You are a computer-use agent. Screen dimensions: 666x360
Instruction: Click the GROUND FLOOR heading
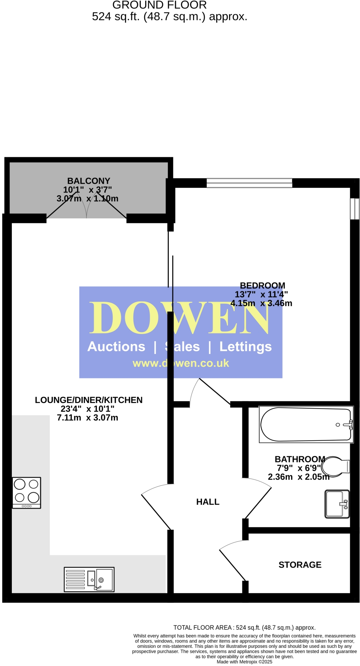point(159,5)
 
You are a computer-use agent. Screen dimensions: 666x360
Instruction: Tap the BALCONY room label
point(89,181)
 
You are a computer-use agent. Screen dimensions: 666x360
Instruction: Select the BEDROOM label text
point(263,286)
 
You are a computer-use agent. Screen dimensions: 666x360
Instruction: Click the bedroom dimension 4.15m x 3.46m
point(261,303)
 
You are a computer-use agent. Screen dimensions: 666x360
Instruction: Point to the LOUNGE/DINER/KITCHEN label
point(89,400)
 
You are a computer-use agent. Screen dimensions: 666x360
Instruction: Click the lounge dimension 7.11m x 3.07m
point(87,418)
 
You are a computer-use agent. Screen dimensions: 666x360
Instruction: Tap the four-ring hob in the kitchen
point(26,492)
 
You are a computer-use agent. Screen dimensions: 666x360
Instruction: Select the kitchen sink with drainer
point(89,579)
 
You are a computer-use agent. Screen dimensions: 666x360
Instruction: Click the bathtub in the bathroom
point(306,424)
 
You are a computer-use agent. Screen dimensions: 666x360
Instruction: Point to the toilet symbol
point(335,466)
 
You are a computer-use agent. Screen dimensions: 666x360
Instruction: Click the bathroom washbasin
point(337,504)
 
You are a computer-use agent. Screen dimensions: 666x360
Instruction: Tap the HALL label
point(208,502)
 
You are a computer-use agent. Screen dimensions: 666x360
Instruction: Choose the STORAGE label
point(300,564)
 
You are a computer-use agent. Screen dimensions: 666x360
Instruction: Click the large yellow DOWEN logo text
point(179,318)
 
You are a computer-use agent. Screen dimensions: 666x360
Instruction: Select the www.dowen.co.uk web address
point(181,363)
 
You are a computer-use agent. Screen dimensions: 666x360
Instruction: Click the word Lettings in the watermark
point(245,347)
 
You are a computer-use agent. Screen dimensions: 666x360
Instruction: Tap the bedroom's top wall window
point(249,183)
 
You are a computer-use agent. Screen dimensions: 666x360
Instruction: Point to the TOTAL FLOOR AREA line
point(244,627)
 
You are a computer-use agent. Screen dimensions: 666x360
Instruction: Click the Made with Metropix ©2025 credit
point(244,662)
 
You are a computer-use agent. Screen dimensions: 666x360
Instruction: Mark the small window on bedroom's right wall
point(354,208)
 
